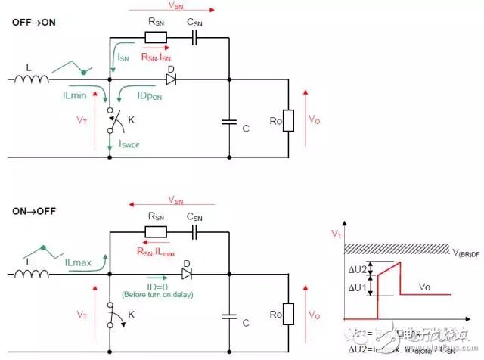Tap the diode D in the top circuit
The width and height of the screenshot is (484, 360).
pyautogui.click(x=171, y=78)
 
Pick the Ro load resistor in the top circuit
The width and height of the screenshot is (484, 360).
pyautogui.click(x=288, y=120)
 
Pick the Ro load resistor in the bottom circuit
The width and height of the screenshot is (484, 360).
pyautogui.click(x=288, y=314)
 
